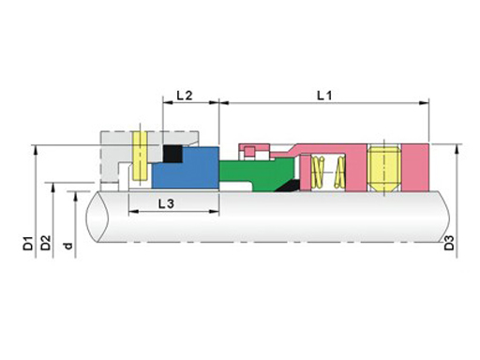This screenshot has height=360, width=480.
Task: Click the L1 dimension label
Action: [x=324, y=96]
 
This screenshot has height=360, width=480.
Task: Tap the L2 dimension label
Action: [x=185, y=96]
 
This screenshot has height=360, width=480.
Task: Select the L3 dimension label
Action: [x=166, y=204]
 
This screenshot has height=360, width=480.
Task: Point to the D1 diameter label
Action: [x=28, y=244]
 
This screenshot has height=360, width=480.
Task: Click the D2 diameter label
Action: [x=46, y=243]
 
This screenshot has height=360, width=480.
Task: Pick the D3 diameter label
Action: [x=449, y=243]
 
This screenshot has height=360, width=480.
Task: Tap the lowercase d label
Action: [x=67, y=246]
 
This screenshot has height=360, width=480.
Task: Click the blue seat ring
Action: [x=185, y=169]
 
